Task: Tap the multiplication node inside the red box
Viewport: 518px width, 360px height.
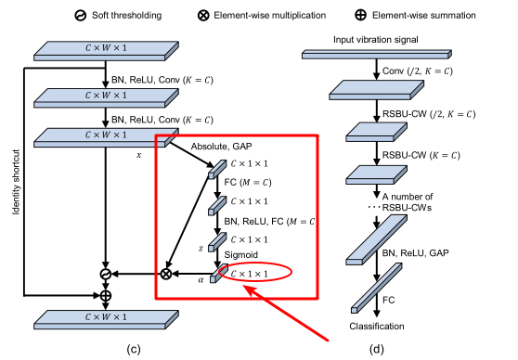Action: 167,274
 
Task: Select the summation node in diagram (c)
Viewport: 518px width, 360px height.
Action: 106,294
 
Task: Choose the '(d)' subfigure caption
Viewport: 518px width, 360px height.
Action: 375,349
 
